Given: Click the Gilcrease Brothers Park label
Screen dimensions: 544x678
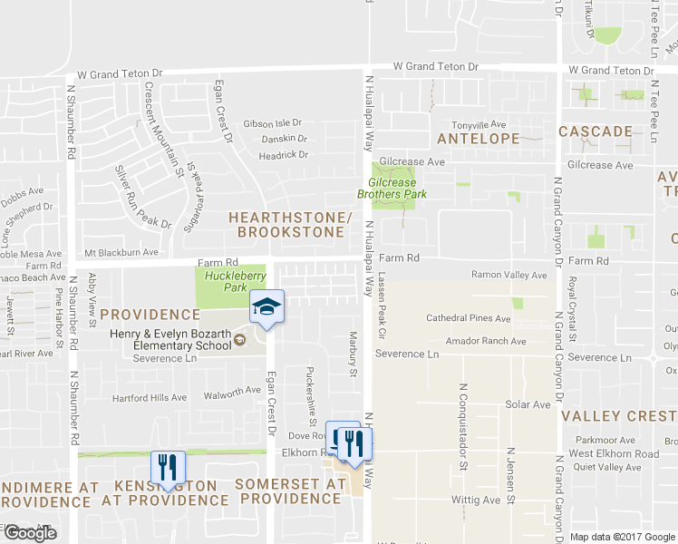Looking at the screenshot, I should (x=392, y=188).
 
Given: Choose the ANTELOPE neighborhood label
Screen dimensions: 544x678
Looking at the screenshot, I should (x=478, y=139).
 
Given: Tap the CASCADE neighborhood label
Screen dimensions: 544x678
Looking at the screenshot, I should (x=595, y=131).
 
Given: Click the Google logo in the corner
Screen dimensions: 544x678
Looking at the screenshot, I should (x=30, y=533).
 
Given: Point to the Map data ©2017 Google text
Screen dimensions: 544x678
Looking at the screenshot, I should (x=624, y=537).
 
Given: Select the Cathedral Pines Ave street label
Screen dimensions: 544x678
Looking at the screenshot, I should (x=469, y=318).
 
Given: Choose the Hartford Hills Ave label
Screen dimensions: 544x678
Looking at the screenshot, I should (x=149, y=398).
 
